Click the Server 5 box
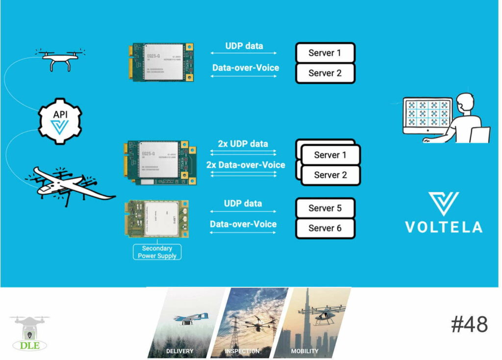coord(325,208)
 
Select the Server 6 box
coord(325,229)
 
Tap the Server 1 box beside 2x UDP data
coord(330,155)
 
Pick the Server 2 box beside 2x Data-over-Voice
coord(330,175)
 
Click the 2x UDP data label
coord(243,144)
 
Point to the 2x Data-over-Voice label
coord(246,165)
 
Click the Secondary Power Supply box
coord(157,252)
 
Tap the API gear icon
coord(60,121)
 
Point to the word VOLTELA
coord(443,227)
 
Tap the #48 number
coord(469,325)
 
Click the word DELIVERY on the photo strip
coord(179,351)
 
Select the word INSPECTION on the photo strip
coord(242,351)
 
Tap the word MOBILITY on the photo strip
coord(304,351)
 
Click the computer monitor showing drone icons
coord(426,115)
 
